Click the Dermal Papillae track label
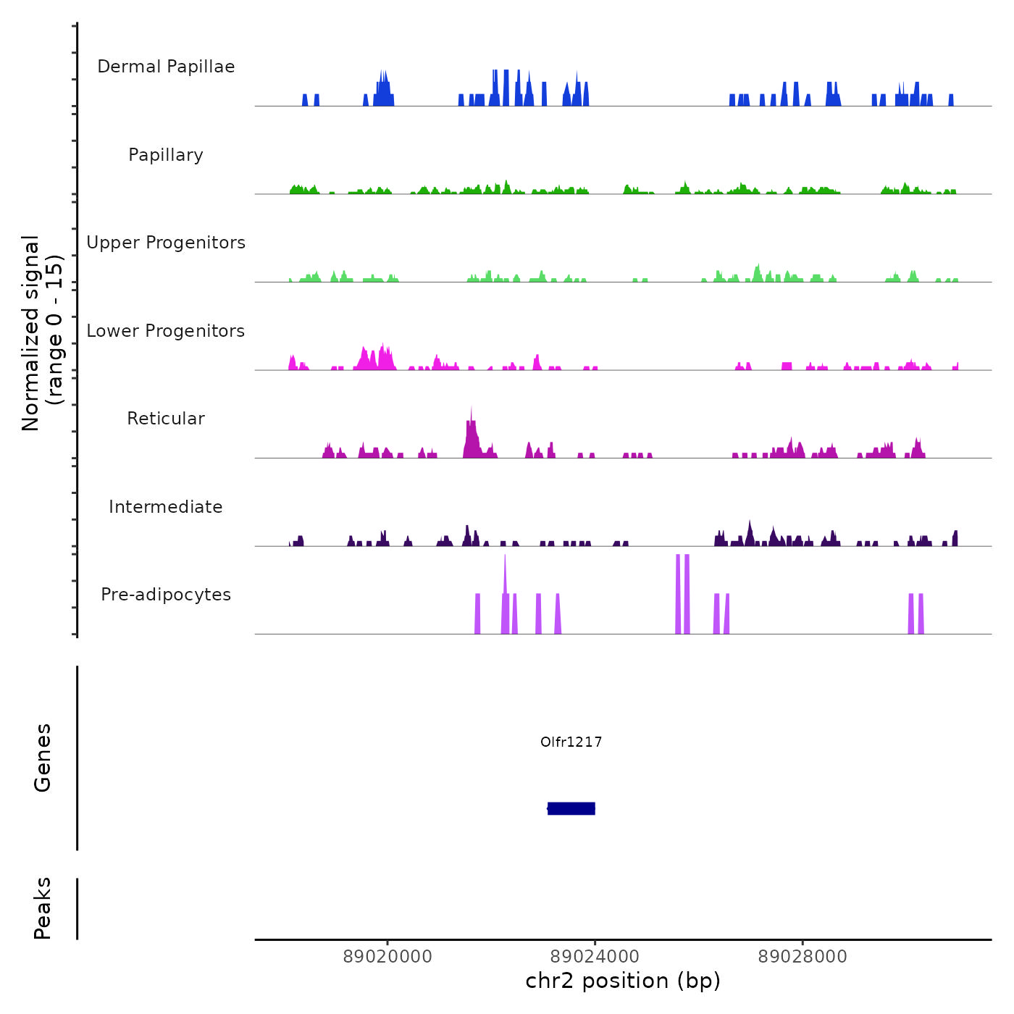(166, 67)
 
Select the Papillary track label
(166, 155)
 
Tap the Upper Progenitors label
(166, 243)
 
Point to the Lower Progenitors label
(166, 331)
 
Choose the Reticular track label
(166, 419)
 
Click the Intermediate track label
(166, 507)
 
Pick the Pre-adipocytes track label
(166, 595)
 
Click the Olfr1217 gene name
(571, 742)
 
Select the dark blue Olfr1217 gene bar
(571, 808)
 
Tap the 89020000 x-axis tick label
(387, 957)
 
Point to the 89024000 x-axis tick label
(595, 957)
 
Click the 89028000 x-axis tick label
(803, 957)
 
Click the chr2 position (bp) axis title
(623, 981)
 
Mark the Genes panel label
(43, 758)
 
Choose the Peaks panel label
(43, 908)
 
